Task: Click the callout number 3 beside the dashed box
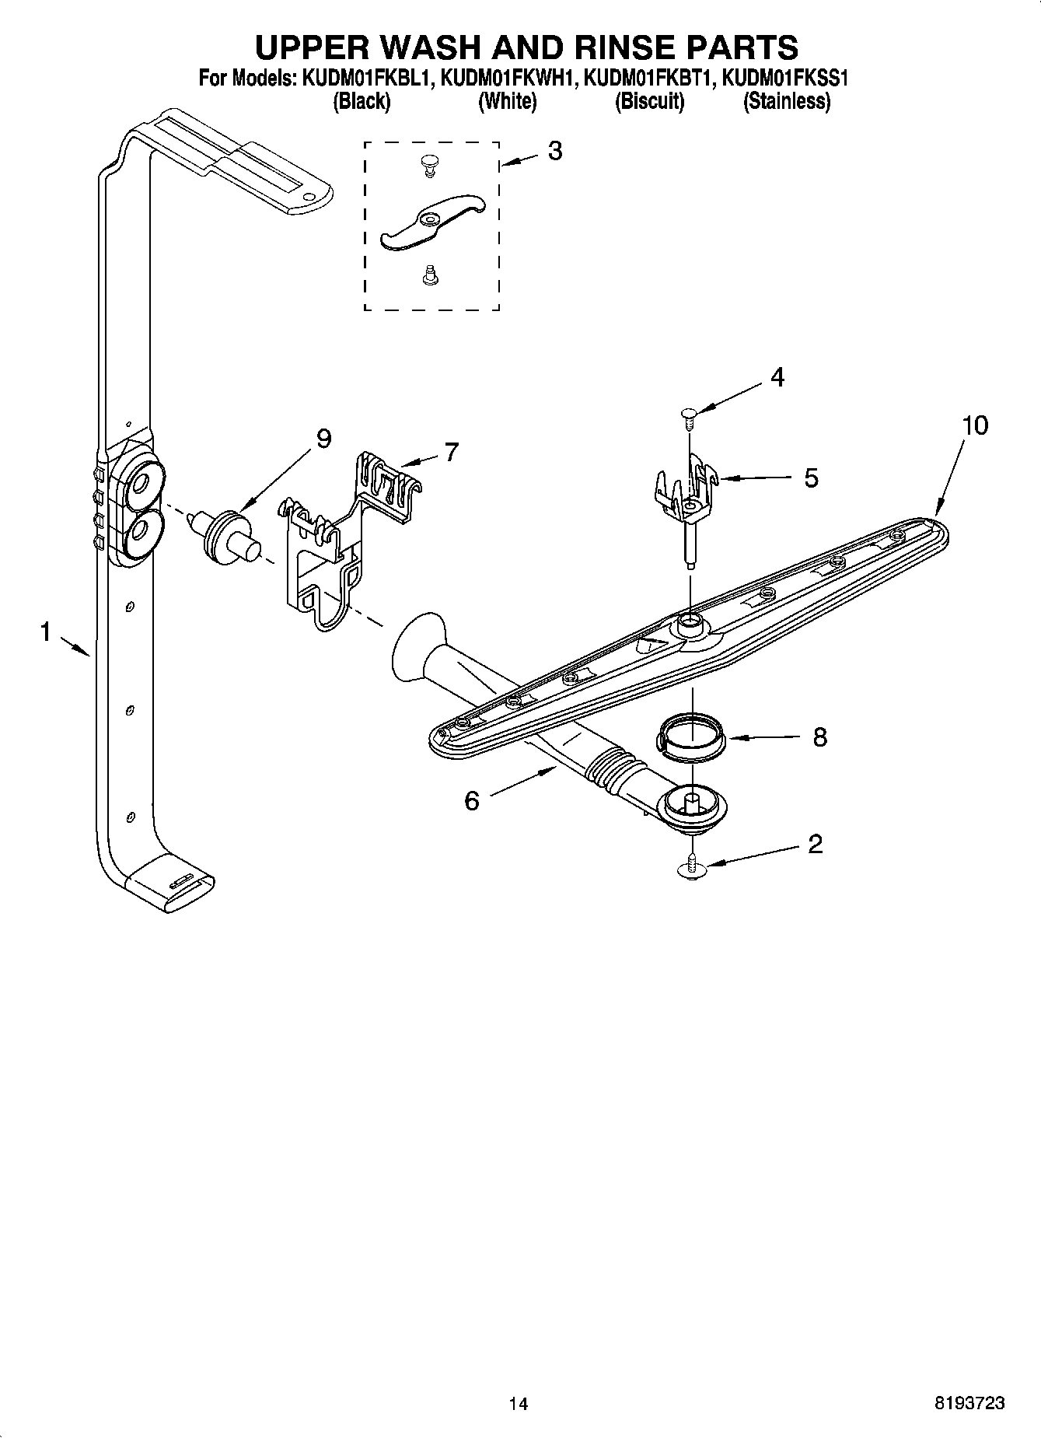coord(554,151)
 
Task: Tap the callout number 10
coord(974,425)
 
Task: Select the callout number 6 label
coord(472,800)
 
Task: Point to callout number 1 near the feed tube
coord(46,632)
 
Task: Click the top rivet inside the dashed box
coord(428,163)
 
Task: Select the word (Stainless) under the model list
coord(787,101)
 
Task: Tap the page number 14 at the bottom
coord(519,1403)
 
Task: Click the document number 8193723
coord(969,1403)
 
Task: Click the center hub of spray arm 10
coord(689,622)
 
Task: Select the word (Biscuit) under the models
coord(649,101)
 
